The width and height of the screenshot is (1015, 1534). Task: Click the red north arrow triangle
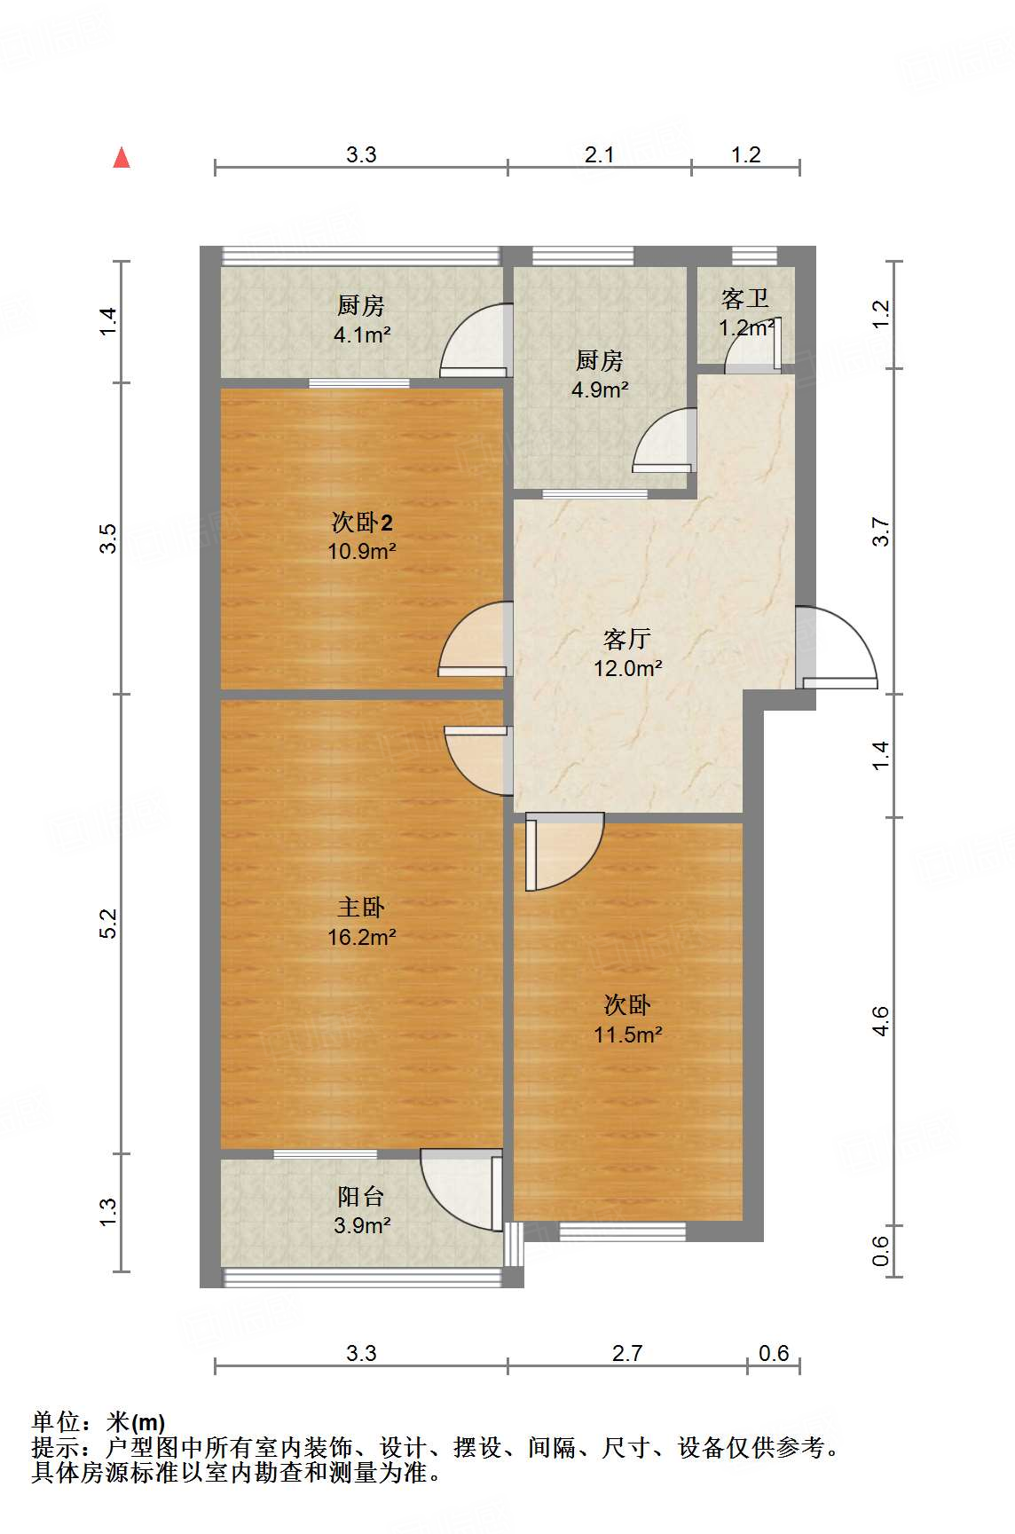[122, 158]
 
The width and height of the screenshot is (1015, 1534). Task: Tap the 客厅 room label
[627, 639]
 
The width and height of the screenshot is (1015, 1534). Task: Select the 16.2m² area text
[361, 937]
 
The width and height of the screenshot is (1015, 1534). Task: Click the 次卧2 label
[361, 522]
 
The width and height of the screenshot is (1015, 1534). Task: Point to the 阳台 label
[361, 1196]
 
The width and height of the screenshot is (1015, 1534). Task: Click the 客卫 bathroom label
[744, 298]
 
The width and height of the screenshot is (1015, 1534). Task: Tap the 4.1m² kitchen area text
[362, 334]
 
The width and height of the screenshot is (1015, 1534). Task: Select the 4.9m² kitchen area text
[600, 389]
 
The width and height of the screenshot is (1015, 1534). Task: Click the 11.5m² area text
[628, 1034]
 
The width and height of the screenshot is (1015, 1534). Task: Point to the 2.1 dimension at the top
[599, 154]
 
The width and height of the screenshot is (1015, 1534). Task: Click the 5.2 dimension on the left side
[108, 923]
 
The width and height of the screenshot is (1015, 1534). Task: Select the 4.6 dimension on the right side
[880, 1020]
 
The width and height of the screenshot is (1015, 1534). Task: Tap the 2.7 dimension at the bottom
[626, 1353]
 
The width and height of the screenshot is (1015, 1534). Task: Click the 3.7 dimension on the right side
[880, 531]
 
